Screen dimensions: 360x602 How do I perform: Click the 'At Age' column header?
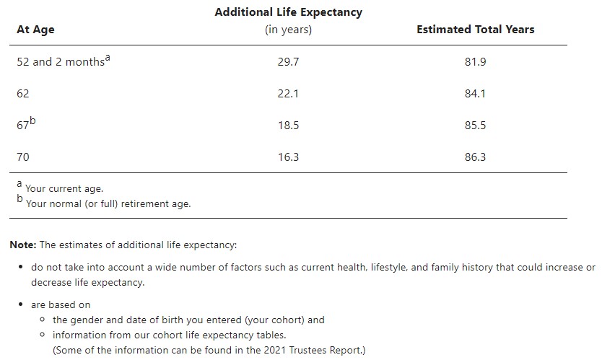click(35, 30)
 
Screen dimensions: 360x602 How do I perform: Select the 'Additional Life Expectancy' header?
click(288, 12)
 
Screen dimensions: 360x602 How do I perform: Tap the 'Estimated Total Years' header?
click(475, 30)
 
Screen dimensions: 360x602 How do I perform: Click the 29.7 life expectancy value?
click(288, 62)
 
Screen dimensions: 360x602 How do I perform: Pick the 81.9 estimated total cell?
click(475, 62)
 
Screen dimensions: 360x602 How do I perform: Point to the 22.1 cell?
click(288, 94)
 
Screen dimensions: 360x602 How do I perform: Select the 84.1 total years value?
click(475, 94)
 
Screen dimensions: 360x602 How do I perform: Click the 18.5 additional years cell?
click(288, 126)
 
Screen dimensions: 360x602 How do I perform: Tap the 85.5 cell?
click(475, 126)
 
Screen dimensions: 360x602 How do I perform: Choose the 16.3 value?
click(288, 157)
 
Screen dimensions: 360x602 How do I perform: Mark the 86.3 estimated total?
click(475, 157)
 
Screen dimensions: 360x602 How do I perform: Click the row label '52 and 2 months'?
click(61, 62)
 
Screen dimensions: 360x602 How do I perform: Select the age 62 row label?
click(23, 94)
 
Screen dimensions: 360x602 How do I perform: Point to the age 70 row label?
click(23, 157)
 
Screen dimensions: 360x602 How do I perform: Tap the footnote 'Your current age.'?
click(64, 189)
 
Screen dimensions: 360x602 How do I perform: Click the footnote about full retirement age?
click(108, 203)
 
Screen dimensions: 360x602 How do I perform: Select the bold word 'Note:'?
click(23, 245)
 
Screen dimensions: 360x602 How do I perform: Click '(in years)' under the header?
click(288, 30)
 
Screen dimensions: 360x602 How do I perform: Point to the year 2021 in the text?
click(265, 351)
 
